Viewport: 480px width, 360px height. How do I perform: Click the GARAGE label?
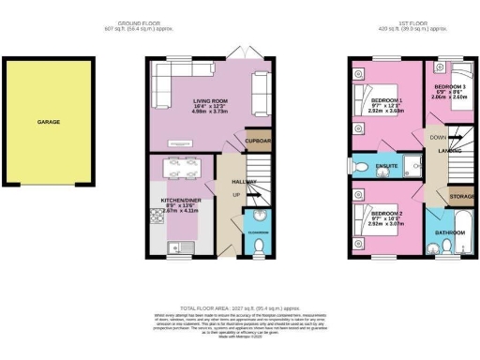tap(50, 122)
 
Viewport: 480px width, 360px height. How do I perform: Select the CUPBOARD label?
tap(259, 142)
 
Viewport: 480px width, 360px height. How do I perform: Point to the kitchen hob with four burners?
tap(155, 218)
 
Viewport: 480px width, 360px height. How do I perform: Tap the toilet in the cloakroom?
tap(261, 247)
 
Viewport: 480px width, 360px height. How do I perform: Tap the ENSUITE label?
tap(387, 166)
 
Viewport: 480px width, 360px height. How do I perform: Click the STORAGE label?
tap(461, 197)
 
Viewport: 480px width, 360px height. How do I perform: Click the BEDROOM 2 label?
tap(386, 215)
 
